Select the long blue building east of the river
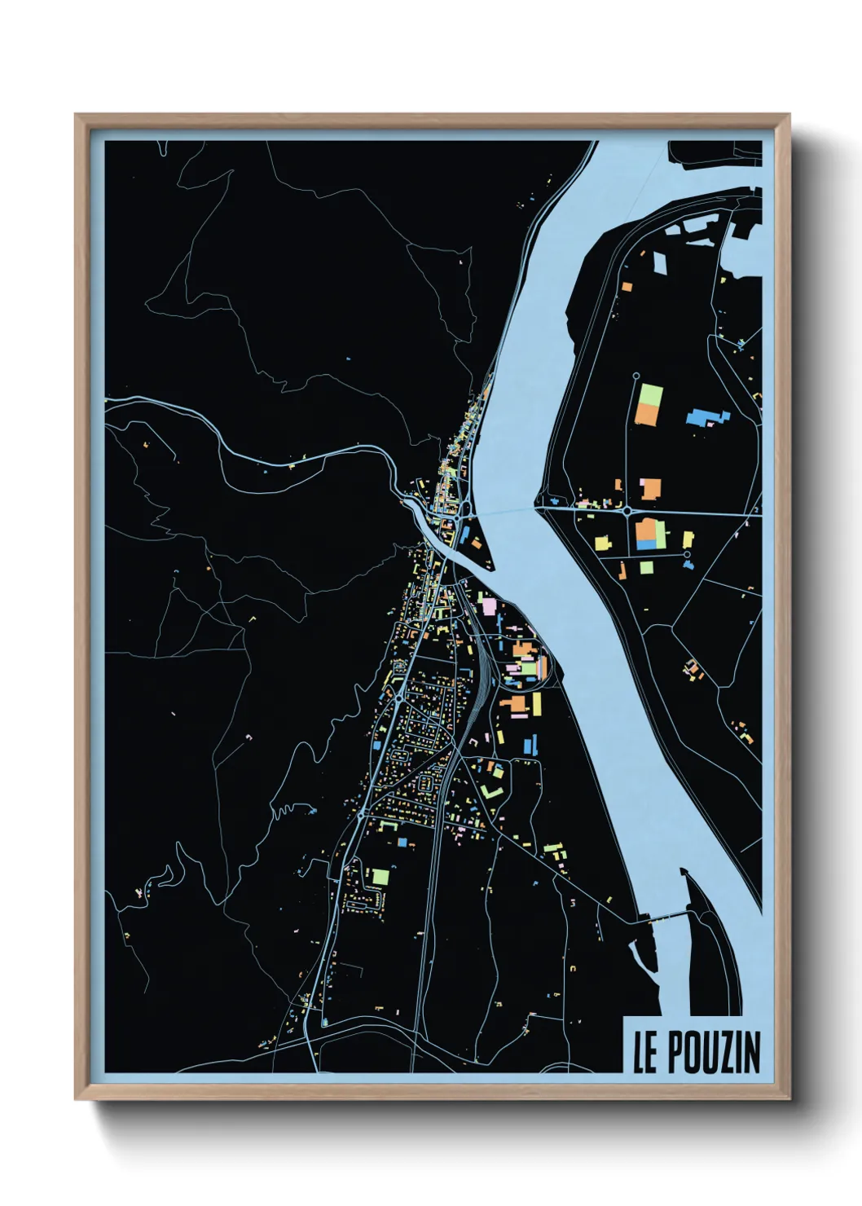pyautogui.click(x=707, y=418)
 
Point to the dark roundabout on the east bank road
pyautogui.click(x=627, y=511)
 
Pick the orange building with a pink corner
pyautogui.click(x=650, y=489)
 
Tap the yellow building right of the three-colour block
pyautogui.click(x=688, y=539)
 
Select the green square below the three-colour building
pyautogui.click(x=646, y=567)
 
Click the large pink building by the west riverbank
pyautogui.click(x=490, y=606)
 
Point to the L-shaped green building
pyautogui.click(x=492, y=790)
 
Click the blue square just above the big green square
pyautogui.click(x=402, y=841)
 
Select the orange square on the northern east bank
pyautogui.click(x=627, y=286)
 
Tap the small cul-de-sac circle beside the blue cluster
pyautogui.click(x=687, y=554)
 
